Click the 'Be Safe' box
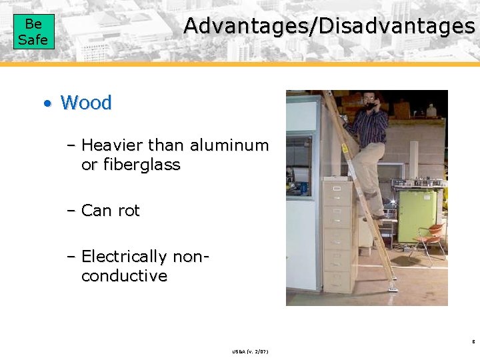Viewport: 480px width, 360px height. tap(33, 32)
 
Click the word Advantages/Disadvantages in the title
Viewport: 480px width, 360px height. tap(329, 26)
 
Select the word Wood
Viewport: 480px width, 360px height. tap(86, 103)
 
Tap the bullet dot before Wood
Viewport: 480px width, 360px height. tap(47, 103)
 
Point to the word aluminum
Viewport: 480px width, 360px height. tap(229, 145)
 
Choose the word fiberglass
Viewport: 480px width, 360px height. tap(140, 164)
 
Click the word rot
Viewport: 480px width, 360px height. tap(128, 211)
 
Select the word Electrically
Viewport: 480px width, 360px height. tap(124, 256)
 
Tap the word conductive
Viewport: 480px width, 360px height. tap(124, 275)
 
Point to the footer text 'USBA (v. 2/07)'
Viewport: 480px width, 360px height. tap(251, 351)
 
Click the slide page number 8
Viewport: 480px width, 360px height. tap(473, 341)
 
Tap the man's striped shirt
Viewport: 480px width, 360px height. tap(370, 126)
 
